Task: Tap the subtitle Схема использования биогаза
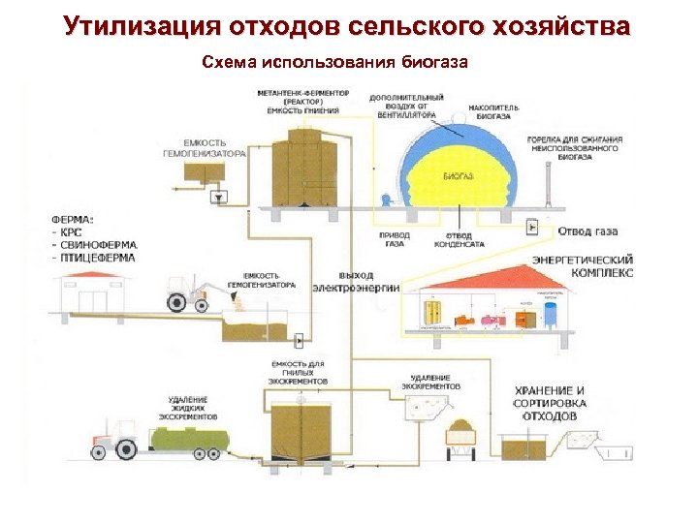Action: (334, 63)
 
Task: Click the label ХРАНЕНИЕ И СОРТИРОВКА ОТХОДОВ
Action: (550, 402)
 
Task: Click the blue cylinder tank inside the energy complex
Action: (551, 313)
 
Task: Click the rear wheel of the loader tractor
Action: (177, 301)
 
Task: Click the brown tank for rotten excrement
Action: (301, 427)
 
